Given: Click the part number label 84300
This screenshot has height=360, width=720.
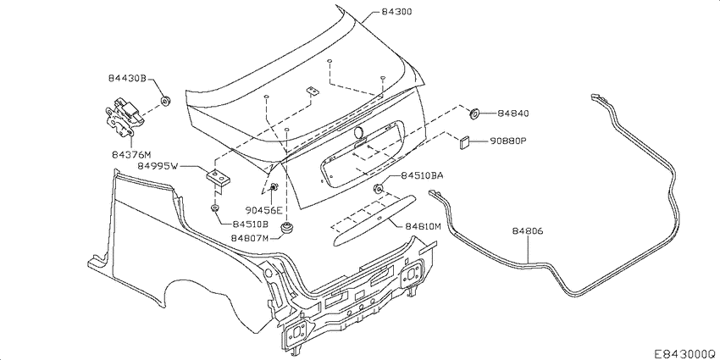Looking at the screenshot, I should point(398,14).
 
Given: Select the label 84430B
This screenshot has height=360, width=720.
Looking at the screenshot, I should point(128,79).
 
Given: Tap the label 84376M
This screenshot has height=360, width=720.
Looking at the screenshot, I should point(130,155).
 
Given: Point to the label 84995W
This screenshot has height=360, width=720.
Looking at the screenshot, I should point(157,167).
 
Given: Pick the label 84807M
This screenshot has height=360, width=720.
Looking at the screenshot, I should point(249,239).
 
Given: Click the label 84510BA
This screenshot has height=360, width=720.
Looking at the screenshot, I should point(422,175).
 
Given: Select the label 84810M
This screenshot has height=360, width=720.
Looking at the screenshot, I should point(421,226).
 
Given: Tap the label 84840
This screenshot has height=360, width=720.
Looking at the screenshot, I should point(513,113).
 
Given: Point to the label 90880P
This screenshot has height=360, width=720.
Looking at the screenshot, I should point(508,141).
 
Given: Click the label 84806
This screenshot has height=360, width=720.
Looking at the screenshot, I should point(528,230).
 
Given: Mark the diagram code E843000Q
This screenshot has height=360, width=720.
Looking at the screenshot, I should point(684,350).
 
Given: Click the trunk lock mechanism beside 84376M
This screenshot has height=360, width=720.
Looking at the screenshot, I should point(120,114).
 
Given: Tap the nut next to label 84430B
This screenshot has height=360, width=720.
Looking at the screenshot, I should point(166,101).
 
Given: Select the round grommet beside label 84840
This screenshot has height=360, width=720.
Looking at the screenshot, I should point(474,113).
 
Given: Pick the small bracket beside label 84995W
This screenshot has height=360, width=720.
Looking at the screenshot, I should point(218,176).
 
